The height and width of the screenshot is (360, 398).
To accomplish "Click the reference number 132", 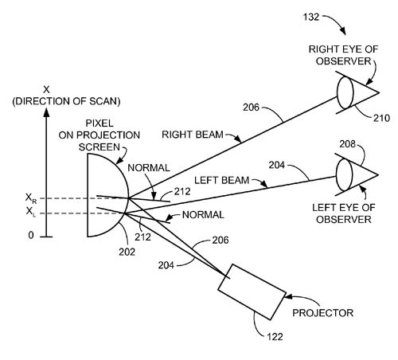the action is pos(310,18).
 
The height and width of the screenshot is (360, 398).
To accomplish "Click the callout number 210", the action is pos(381,118).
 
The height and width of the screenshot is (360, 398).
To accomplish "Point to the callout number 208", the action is pos(347,144).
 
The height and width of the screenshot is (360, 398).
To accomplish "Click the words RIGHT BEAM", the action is pos(193,135).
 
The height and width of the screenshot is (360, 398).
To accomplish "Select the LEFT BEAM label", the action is pos(222,181).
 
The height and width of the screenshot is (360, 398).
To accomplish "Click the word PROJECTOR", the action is pos(323,313).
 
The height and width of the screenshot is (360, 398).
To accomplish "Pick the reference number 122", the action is pos(275,337).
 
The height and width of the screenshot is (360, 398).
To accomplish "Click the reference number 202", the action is pos(127,252).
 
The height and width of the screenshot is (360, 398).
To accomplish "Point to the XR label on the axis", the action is pos(31,198).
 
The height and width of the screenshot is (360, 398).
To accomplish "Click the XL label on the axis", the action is pos(31,212).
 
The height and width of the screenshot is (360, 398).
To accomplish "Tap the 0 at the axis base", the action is pos(31,235).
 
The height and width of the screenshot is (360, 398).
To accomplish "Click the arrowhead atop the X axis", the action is pos(46,112).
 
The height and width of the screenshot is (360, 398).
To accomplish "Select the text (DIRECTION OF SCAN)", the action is pos(66,101).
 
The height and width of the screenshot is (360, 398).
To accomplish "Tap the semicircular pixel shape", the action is pos(129,197).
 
